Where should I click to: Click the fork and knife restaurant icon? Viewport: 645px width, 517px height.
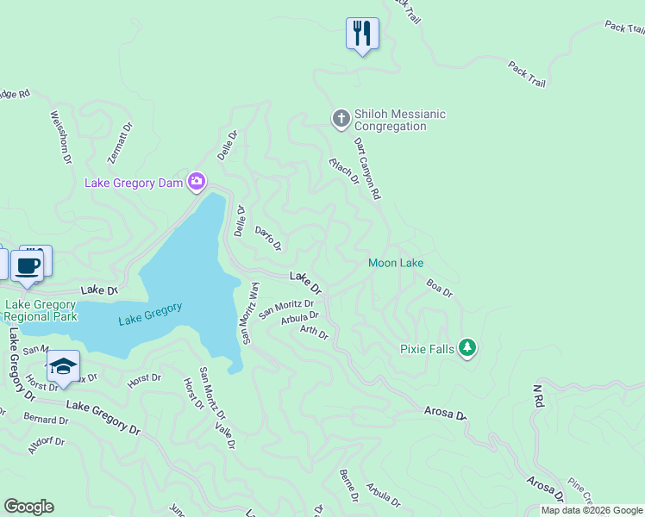pos(362,34)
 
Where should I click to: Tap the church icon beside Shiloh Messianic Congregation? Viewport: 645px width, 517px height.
pos(341,118)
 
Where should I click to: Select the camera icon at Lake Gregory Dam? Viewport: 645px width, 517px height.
pos(197,181)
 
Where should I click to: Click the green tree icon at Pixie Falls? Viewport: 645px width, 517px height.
pos(467,347)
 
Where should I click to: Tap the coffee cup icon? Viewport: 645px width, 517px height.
pos(28,265)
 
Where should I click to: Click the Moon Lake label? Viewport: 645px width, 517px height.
pos(395,263)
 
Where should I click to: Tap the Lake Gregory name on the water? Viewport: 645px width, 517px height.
pos(150,314)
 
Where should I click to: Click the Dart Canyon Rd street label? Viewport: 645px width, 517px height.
pos(366,169)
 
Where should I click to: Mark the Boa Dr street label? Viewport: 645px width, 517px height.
pos(439,287)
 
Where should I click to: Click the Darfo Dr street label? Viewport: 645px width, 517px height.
pos(268,239)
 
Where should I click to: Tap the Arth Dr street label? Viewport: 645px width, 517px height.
pos(314,331)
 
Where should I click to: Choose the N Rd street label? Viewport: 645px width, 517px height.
pos(538,396)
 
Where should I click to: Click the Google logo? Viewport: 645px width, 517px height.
pos(28,507)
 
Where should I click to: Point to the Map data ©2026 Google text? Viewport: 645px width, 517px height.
pos(592,510)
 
